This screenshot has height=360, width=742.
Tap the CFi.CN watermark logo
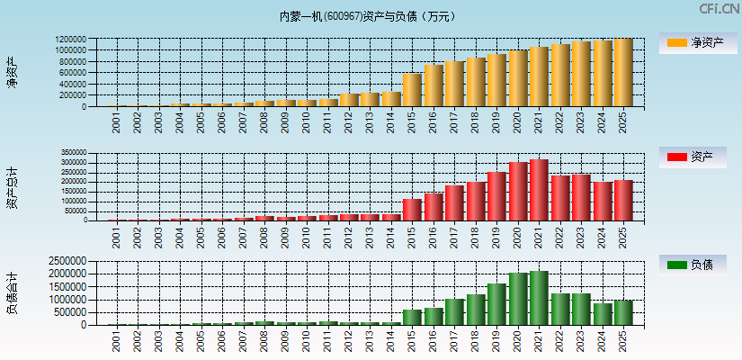[x=719, y=8]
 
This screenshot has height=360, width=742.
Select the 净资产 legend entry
[x=697, y=42]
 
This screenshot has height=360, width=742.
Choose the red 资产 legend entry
[x=697, y=157]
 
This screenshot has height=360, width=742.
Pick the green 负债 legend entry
[x=697, y=265]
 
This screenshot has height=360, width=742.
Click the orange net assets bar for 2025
[x=623, y=73]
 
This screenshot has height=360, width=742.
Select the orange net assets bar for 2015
[x=412, y=90]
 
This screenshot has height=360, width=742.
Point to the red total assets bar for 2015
[x=412, y=210]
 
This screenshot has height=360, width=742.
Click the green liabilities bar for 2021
[x=539, y=298]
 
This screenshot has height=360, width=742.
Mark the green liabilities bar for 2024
[x=602, y=314]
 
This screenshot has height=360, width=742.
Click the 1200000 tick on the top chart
[x=69, y=40]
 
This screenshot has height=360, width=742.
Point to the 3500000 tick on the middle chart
[x=69, y=154]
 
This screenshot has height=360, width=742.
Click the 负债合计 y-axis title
[x=12, y=292]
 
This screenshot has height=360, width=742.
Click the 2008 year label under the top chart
[x=264, y=122]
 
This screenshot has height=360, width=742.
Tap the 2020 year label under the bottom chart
[x=518, y=340]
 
